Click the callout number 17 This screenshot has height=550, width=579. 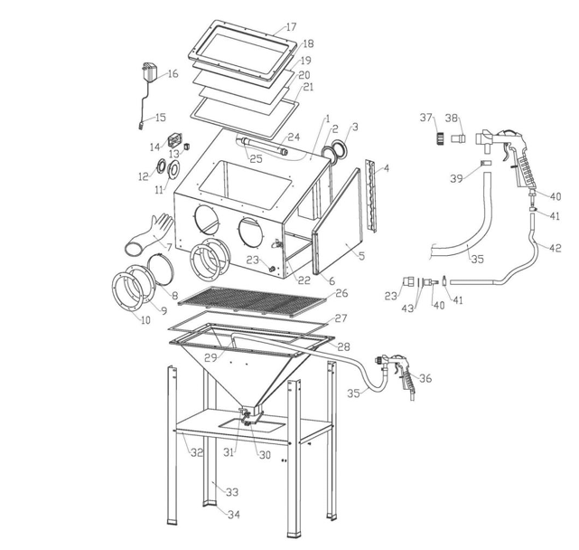click(290, 26)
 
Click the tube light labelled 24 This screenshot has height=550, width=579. click(262, 144)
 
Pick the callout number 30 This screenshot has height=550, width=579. click(264, 455)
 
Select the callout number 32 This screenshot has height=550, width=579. click(196, 451)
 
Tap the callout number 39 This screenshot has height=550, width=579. click(456, 178)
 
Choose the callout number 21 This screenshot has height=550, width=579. click(308, 88)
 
